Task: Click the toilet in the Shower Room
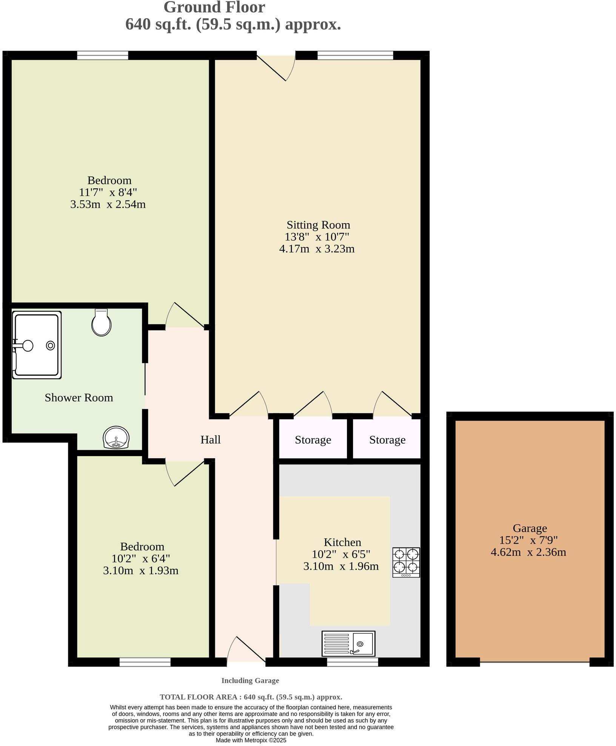[x=102, y=322]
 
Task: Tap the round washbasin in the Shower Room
[x=116, y=437]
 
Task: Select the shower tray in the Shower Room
[x=37, y=345]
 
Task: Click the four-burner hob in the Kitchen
[x=406, y=562]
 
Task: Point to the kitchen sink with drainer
[x=348, y=643]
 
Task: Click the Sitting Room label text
[x=318, y=225]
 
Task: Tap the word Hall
[x=210, y=439]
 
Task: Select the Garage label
[x=530, y=528]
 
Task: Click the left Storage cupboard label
[x=313, y=440]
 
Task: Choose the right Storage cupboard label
[x=387, y=440]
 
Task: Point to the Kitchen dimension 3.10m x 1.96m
[x=341, y=566]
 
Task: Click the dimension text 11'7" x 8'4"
[x=108, y=192]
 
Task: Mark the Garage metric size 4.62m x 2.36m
[x=528, y=552]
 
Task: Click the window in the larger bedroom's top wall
[x=103, y=55]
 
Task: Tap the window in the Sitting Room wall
[x=355, y=55]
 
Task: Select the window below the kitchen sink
[x=352, y=662]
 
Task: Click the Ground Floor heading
[x=214, y=8]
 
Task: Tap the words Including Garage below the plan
[x=250, y=680]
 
